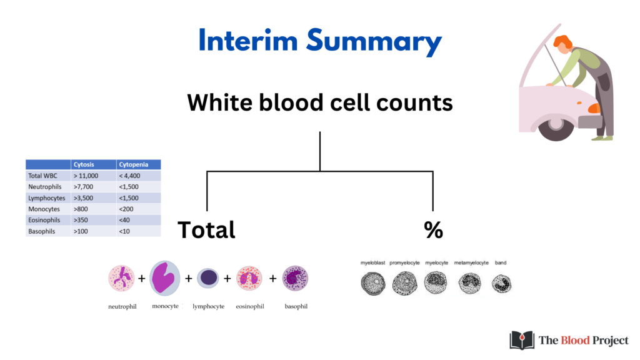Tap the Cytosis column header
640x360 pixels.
tap(84, 164)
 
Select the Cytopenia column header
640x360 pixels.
tap(134, 164)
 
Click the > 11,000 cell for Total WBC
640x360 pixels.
tap(86, 176)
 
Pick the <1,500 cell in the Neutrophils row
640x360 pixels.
tap(129, 187)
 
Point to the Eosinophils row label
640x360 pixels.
tap(44, 220)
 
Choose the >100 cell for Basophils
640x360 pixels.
tap(81, 231)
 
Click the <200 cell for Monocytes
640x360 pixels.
tap(126, 209)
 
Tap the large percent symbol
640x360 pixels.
tap(434, 230)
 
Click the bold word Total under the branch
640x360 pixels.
tap(206, 230)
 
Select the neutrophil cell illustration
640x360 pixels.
tap(121, 278)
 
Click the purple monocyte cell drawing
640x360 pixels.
tap(165, 278)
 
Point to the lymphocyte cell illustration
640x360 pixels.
tap(208, 278)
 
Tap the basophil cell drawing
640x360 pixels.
tap(295, 278)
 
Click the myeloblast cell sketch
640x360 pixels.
tap(373, 284)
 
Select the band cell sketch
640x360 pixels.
tap(501, 284)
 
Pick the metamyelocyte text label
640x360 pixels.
tap(471, 263)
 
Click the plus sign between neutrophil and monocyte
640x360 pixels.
tap(142, 278)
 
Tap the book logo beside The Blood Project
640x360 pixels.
tap(522, 340)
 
